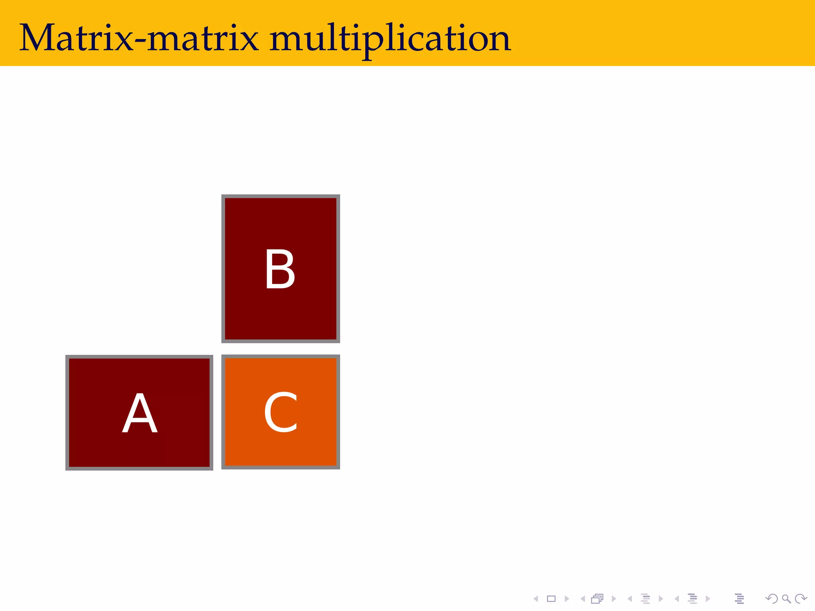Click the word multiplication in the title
pos(390,39)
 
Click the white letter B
pos(280,269)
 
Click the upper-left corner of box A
pos(67,357)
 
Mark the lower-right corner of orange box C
pos(338,467)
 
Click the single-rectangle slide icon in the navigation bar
pos(551,599)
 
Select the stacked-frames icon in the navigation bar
pos(597,599)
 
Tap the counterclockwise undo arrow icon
pos(772,599)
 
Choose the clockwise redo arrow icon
pos(801,599)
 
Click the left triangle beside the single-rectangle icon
pos(536,599)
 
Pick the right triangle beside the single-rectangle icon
pos(567,599)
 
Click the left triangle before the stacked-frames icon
pos(583,599)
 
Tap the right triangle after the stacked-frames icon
pos(614,599)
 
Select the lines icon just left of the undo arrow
pos(739,599)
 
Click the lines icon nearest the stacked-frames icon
pos(645,599)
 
